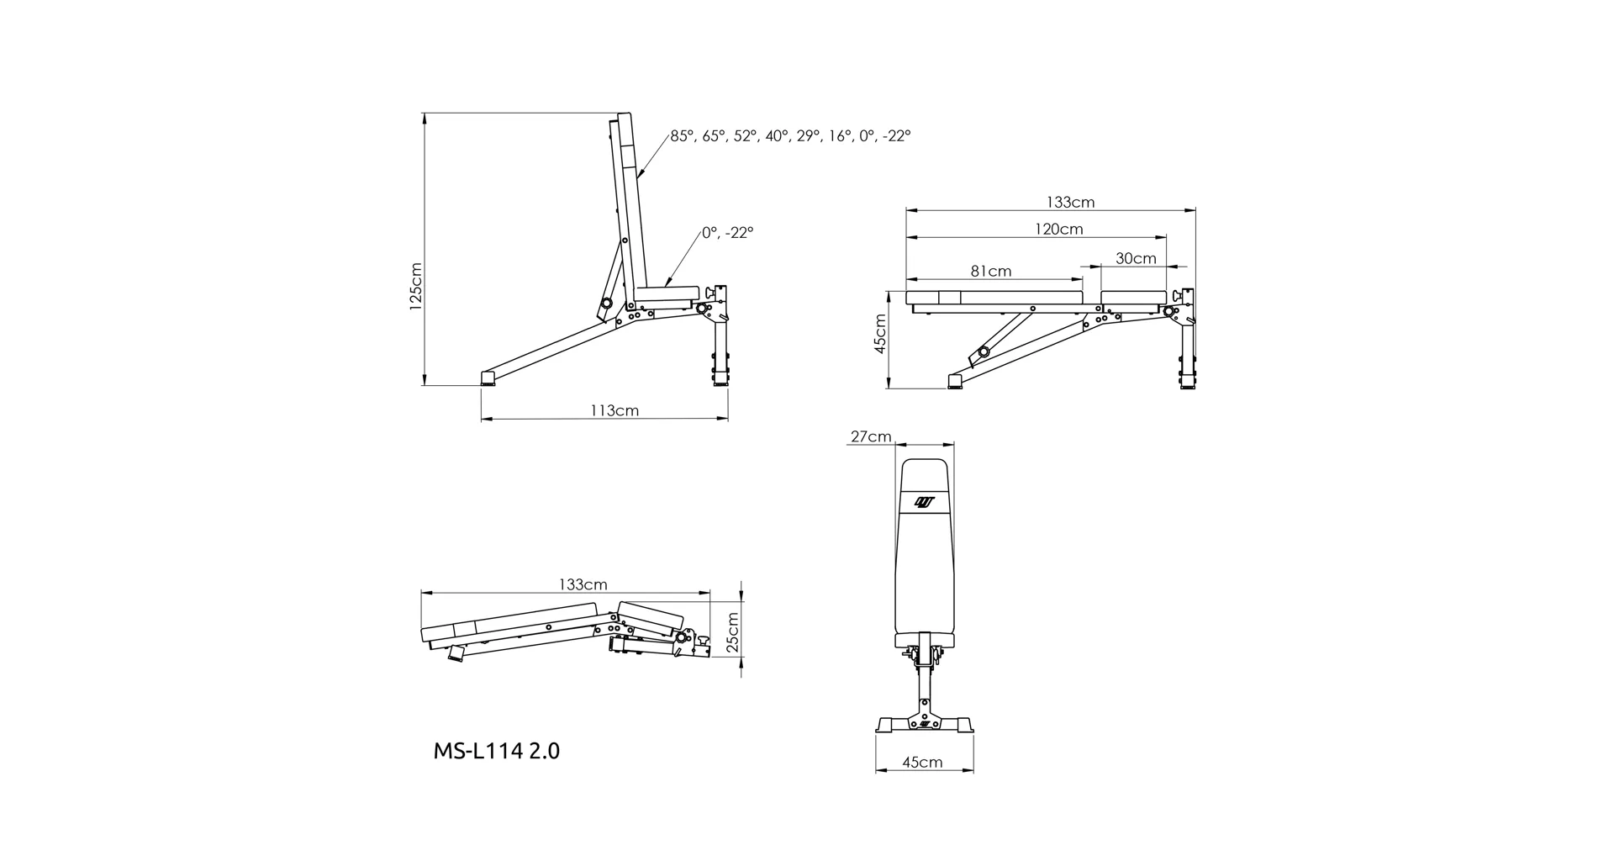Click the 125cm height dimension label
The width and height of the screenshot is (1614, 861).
point(416,287)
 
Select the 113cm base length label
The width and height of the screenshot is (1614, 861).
point(614,410)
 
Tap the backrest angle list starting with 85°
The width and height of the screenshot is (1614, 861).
point(790,135)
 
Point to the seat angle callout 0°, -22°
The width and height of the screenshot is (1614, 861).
point(728,232)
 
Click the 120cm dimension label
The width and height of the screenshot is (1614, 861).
point(1058,229)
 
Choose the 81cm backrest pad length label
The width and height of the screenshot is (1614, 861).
point(991,271)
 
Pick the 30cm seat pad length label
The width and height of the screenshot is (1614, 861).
point(1136,258)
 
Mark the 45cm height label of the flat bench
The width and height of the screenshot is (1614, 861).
point(880,334)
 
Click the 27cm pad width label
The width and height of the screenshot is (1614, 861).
point(871,436)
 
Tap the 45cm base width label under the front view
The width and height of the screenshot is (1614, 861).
point(922,762)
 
